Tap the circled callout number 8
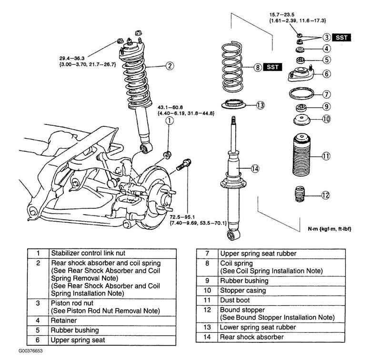point(258,67)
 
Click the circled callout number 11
point(326,155)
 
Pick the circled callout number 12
point(325,195)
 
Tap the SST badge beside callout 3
point(342,37)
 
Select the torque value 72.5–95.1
point(183,216)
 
